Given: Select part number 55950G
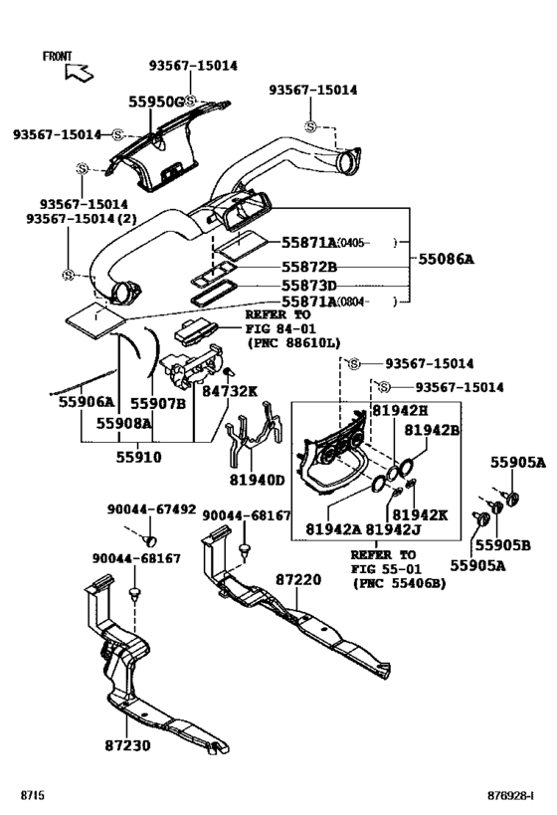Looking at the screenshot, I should click(x=155, y=102).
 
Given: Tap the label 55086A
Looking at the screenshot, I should click(x=445, y=259).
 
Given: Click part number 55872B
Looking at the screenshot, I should click(x=308, y=268).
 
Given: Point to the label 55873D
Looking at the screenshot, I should click(x=308, y=286).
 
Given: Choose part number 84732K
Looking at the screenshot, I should click(x=231, y=391).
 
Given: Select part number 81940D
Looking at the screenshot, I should click(x=258, y=481).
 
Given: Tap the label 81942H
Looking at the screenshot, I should click(x=400, y=409).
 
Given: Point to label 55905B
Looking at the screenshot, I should click(x=501, y=545).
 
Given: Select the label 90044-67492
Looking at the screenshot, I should click(x=151, y=509).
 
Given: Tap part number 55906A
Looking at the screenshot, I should click(x=80, y=403).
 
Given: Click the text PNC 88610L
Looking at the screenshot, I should click(x=293, y=342).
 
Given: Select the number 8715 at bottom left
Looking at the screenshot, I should click(x=34, y=796).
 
